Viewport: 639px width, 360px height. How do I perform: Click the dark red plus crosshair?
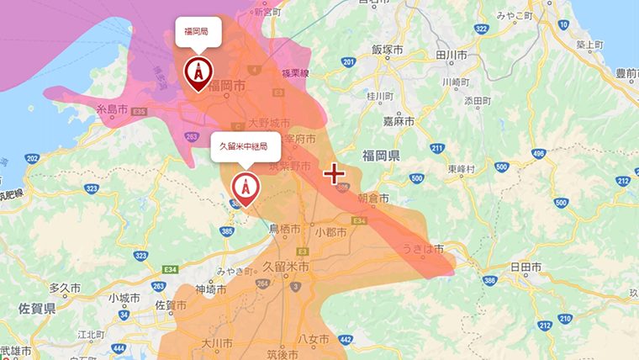coord(335,174)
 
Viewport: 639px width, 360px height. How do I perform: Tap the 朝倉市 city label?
coord(372,199)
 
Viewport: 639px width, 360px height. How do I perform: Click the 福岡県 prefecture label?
coord(383,157)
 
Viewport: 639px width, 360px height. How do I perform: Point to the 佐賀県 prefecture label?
coord(38,310)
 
